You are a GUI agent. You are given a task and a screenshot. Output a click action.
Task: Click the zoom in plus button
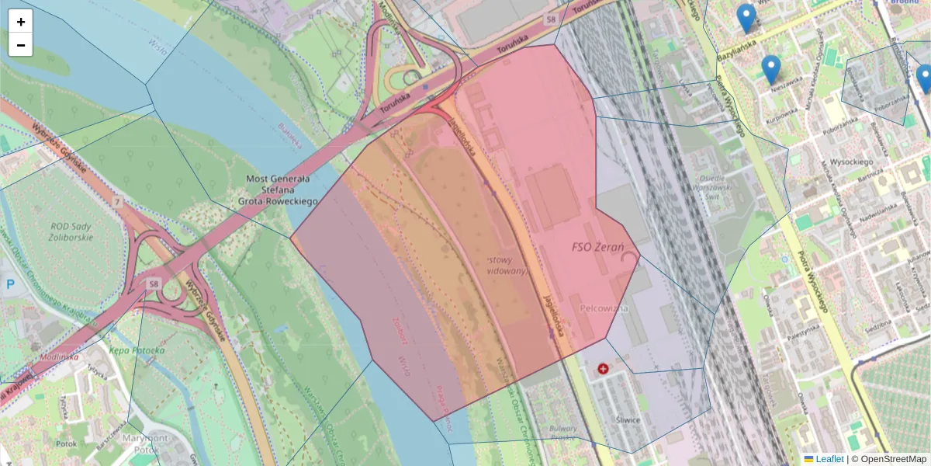point(21,22)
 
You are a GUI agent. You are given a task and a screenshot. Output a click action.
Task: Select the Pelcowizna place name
point(604,308)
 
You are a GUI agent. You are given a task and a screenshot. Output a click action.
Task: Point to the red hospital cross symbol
point(603,369)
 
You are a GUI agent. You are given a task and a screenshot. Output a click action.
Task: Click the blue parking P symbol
point(11,285)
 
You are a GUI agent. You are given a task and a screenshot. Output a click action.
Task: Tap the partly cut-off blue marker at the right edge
point(924,78)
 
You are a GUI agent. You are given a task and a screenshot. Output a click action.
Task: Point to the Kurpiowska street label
point(781,114)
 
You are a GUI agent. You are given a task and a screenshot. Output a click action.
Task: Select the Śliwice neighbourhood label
point(625,420)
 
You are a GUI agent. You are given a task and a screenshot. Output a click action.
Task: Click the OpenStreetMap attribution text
point(893,459)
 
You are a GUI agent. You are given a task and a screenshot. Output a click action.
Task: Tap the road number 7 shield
point(117,202)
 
